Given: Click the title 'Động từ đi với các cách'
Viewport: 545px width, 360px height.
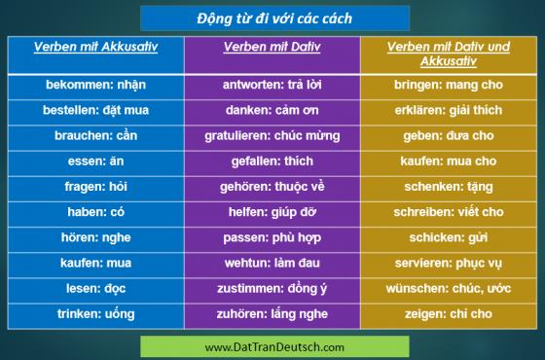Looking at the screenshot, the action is tap(274, 18).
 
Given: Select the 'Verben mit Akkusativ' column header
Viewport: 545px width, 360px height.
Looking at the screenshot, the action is tap(96, 47).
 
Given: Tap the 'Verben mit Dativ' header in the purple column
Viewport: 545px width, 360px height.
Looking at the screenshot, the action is tap(272, 47).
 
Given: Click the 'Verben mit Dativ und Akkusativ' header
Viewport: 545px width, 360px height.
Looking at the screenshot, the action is tap(449, 54).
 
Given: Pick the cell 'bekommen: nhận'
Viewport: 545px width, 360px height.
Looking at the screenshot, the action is tap(96, 85).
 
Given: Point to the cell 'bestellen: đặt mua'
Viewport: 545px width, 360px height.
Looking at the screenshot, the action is tap(96, 110).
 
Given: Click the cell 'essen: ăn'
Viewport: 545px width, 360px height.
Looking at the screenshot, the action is tap(96, 162).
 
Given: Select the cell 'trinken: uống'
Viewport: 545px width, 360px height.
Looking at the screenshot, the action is tap(96, 314).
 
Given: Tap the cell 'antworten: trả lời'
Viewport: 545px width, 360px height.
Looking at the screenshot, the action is tap(272, 85).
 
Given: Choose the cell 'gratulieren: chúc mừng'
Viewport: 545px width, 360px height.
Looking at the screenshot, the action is tap(272, 136).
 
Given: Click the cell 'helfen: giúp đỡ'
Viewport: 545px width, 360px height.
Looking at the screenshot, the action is tap(272, 212).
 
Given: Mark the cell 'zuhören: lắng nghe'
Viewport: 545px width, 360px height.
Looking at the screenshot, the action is tap(272, 314).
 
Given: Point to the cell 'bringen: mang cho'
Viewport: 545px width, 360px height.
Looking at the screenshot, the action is tap(449, 85).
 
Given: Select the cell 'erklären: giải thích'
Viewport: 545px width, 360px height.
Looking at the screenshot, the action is tap(449, 110).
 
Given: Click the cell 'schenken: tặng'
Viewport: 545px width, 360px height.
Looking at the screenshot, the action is tap(449, 187).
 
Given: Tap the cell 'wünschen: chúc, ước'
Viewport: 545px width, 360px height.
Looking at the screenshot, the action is tap(449, 288).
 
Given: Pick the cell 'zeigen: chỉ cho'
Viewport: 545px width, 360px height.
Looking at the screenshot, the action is tap(449, 314).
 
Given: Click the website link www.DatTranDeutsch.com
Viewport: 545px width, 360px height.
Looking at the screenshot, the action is tap(274, 347).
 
